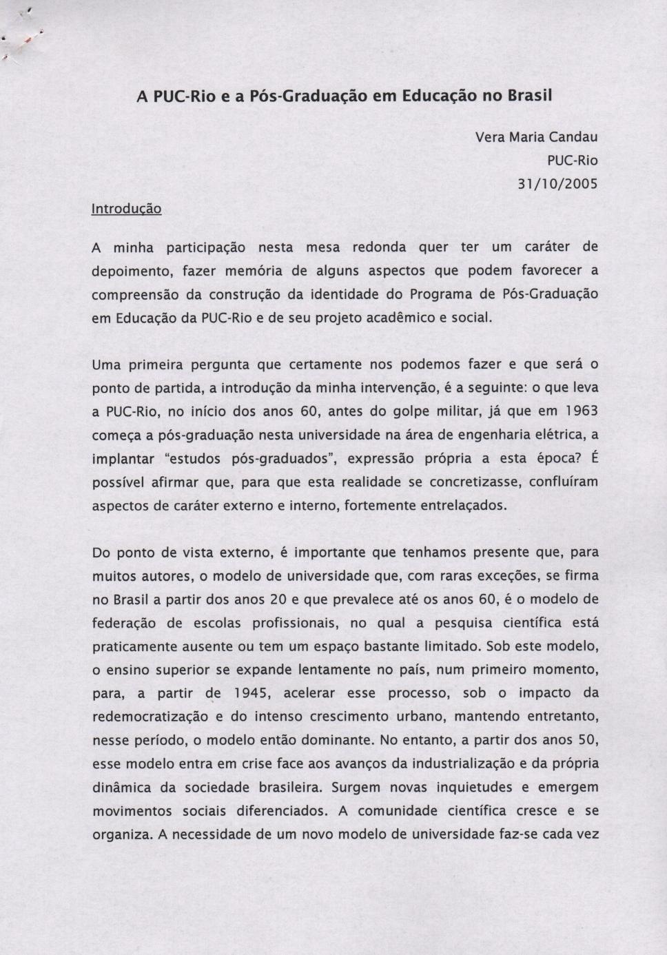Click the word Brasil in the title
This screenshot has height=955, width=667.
click(x=529, y=96)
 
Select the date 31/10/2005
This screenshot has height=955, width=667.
click(x=557, y=184)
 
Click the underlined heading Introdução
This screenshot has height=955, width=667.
click(x=127, y=208)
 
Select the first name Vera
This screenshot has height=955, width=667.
click(x=489, y=136)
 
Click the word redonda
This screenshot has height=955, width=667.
click(x=379, y=247)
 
